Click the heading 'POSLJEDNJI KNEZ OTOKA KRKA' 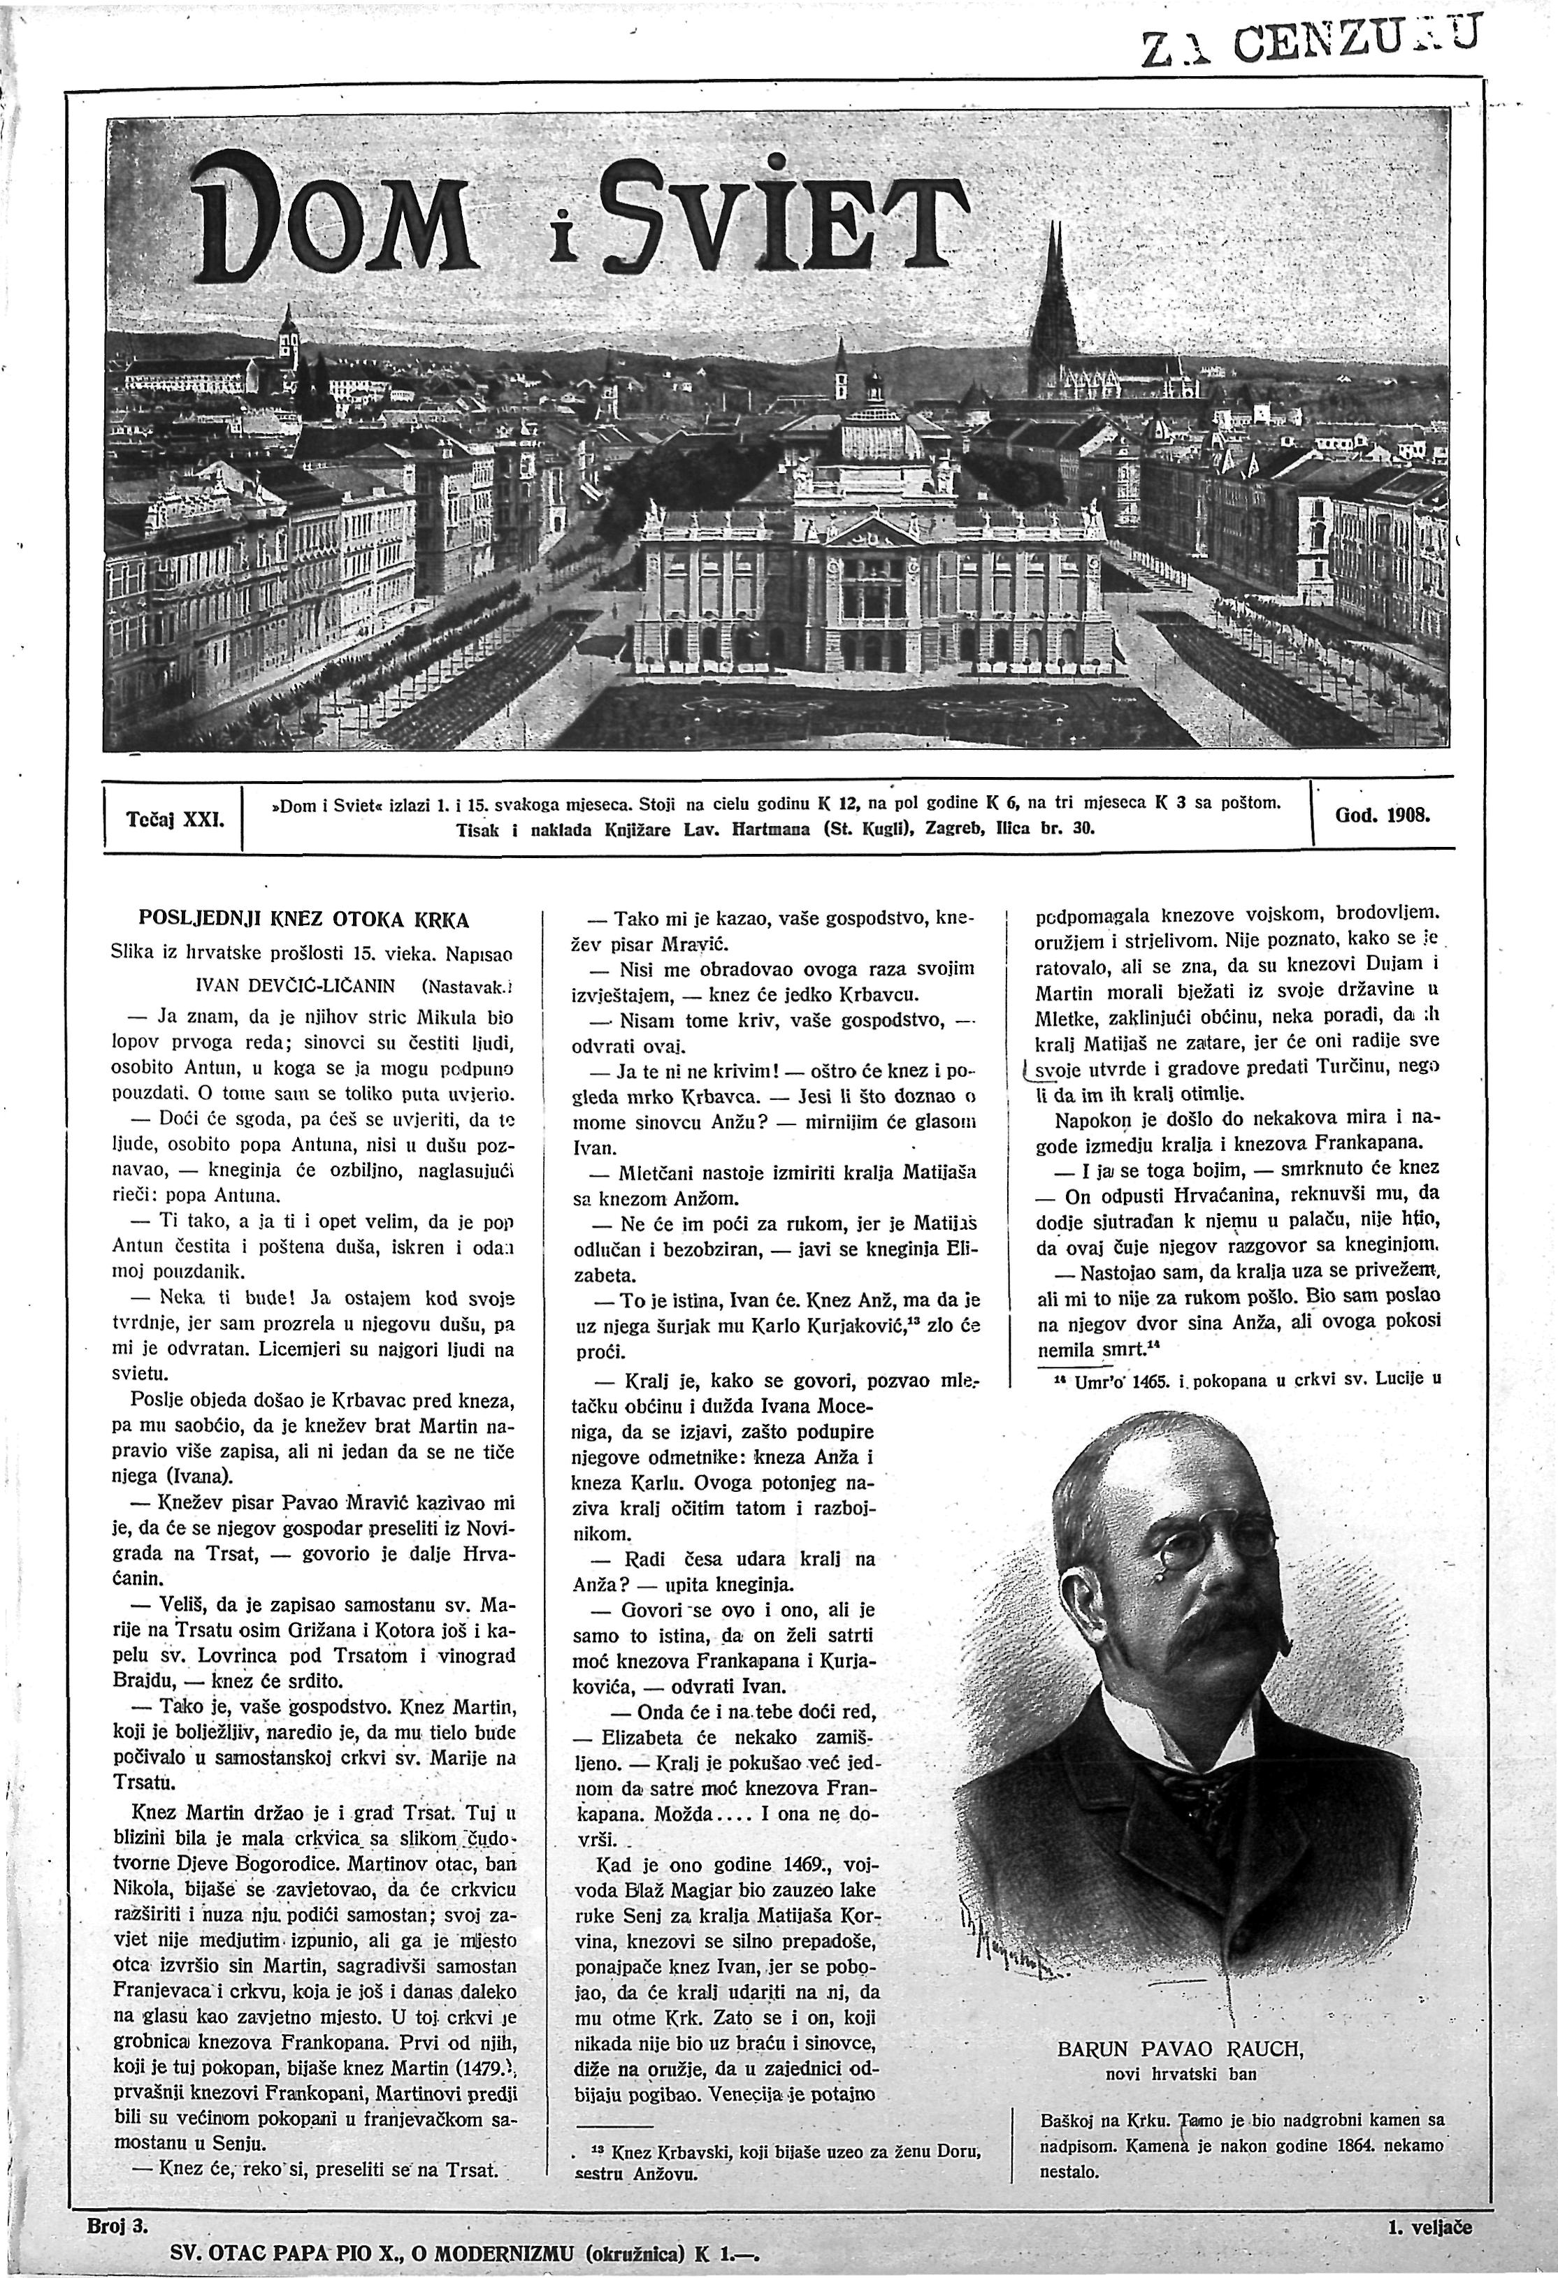pyautogui.click(x=305, y=920)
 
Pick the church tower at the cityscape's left pyautogui.click(x=287, y=338)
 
